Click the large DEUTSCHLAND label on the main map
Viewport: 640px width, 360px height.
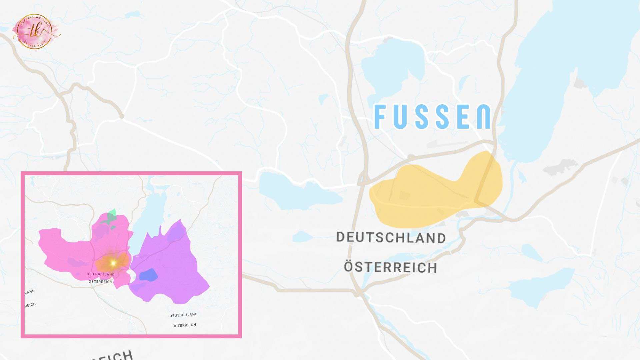[x=391, y=238]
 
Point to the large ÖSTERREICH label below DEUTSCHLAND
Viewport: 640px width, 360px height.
[x=390, y=267]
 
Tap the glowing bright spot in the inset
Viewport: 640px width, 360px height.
[x=113, y=263]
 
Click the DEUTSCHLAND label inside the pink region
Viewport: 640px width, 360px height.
[x=101, y=274]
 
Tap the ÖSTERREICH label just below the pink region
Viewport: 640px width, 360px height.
[x=101, y=282]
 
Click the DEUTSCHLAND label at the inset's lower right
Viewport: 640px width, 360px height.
[x=183, y=315]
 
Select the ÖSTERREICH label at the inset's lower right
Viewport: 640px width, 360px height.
[x=184, y=325]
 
